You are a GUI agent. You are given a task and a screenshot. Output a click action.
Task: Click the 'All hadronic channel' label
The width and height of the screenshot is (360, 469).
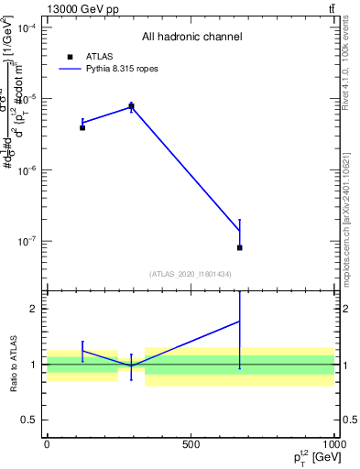[x=191, y=38]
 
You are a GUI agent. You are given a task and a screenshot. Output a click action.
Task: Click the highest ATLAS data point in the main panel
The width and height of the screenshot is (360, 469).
[x=131, y=106]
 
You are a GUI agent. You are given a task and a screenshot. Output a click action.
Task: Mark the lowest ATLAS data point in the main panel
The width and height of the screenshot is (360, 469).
[x=240, y=247]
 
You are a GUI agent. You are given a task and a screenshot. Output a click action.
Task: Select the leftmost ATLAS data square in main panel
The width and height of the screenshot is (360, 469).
[x=82, y=127]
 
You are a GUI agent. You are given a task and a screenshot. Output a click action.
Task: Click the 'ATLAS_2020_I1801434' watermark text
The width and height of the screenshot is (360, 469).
[x=191, y=274]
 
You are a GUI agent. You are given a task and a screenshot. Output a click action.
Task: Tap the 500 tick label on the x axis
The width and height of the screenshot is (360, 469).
[x=191, y=444]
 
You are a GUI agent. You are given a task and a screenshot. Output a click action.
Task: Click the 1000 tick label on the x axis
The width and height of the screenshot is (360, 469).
[x=334, y=444]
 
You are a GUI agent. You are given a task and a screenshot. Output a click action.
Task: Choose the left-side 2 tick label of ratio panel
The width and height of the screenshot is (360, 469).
[x=34, y=309]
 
